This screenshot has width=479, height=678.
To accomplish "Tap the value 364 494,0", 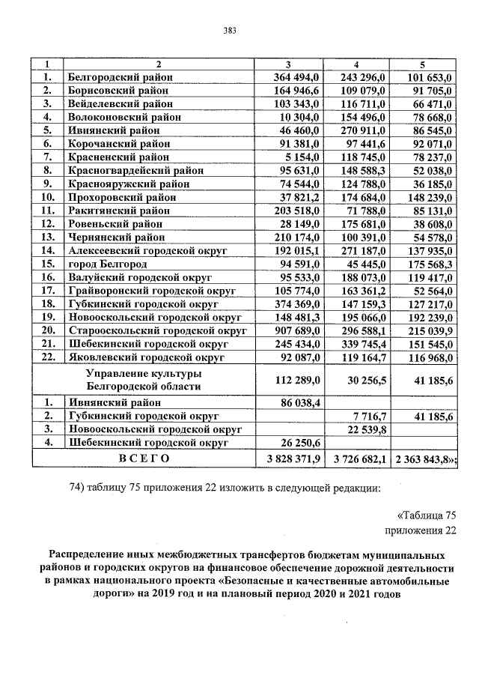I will click(x=296, y=77).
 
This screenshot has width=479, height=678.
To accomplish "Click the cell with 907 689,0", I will click(x=296, y=330).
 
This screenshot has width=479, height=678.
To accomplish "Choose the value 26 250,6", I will click(x=299, y=443).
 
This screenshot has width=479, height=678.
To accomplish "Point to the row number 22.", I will click(x=48, y=357).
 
